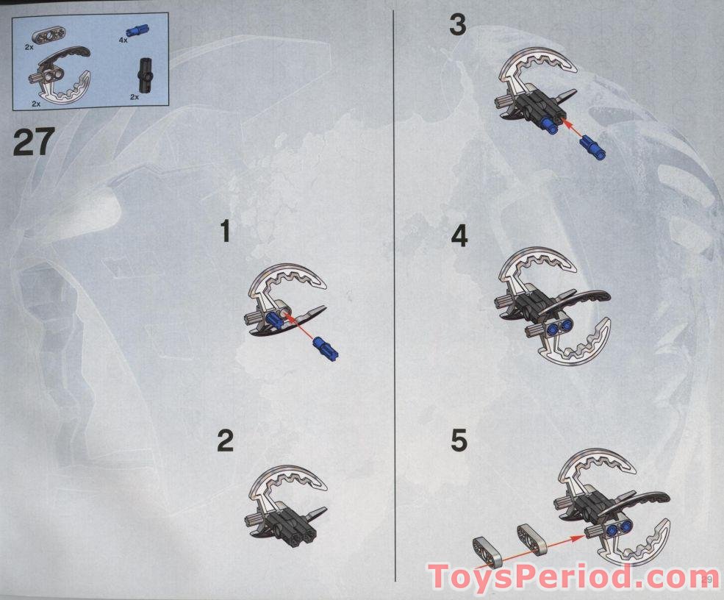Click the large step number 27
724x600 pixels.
tap(34, 142)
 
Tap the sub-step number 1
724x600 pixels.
tap(226, 231)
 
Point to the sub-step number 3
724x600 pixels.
tap(458, 24)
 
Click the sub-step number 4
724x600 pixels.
tap(459, 236)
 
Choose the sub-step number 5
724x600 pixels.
tap(459, 440)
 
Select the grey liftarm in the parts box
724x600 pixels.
tap(49, 35)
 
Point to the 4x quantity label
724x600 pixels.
tap(123, 40)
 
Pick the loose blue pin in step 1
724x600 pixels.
tap(326, 347)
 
